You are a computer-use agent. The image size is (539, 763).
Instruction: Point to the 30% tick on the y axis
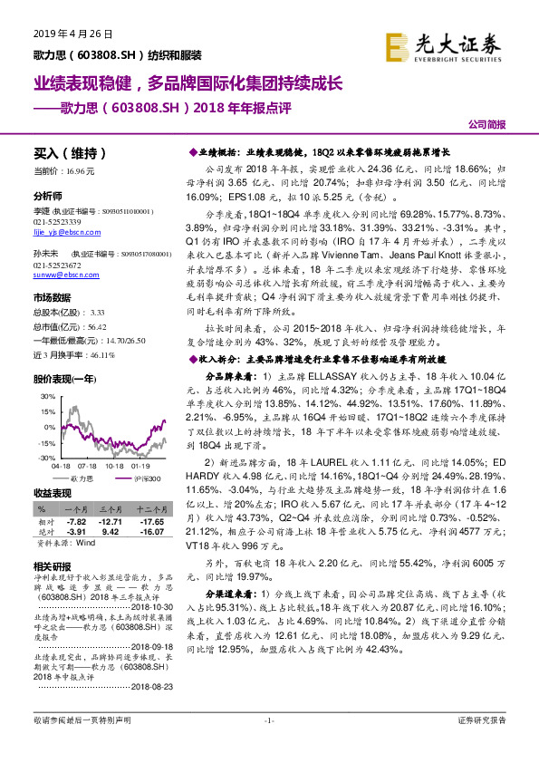[x=43, y=397]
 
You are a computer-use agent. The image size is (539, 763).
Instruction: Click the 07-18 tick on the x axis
[x=91, y=466]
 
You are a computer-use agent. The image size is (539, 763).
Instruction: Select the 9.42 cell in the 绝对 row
[x=111, y=533]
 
